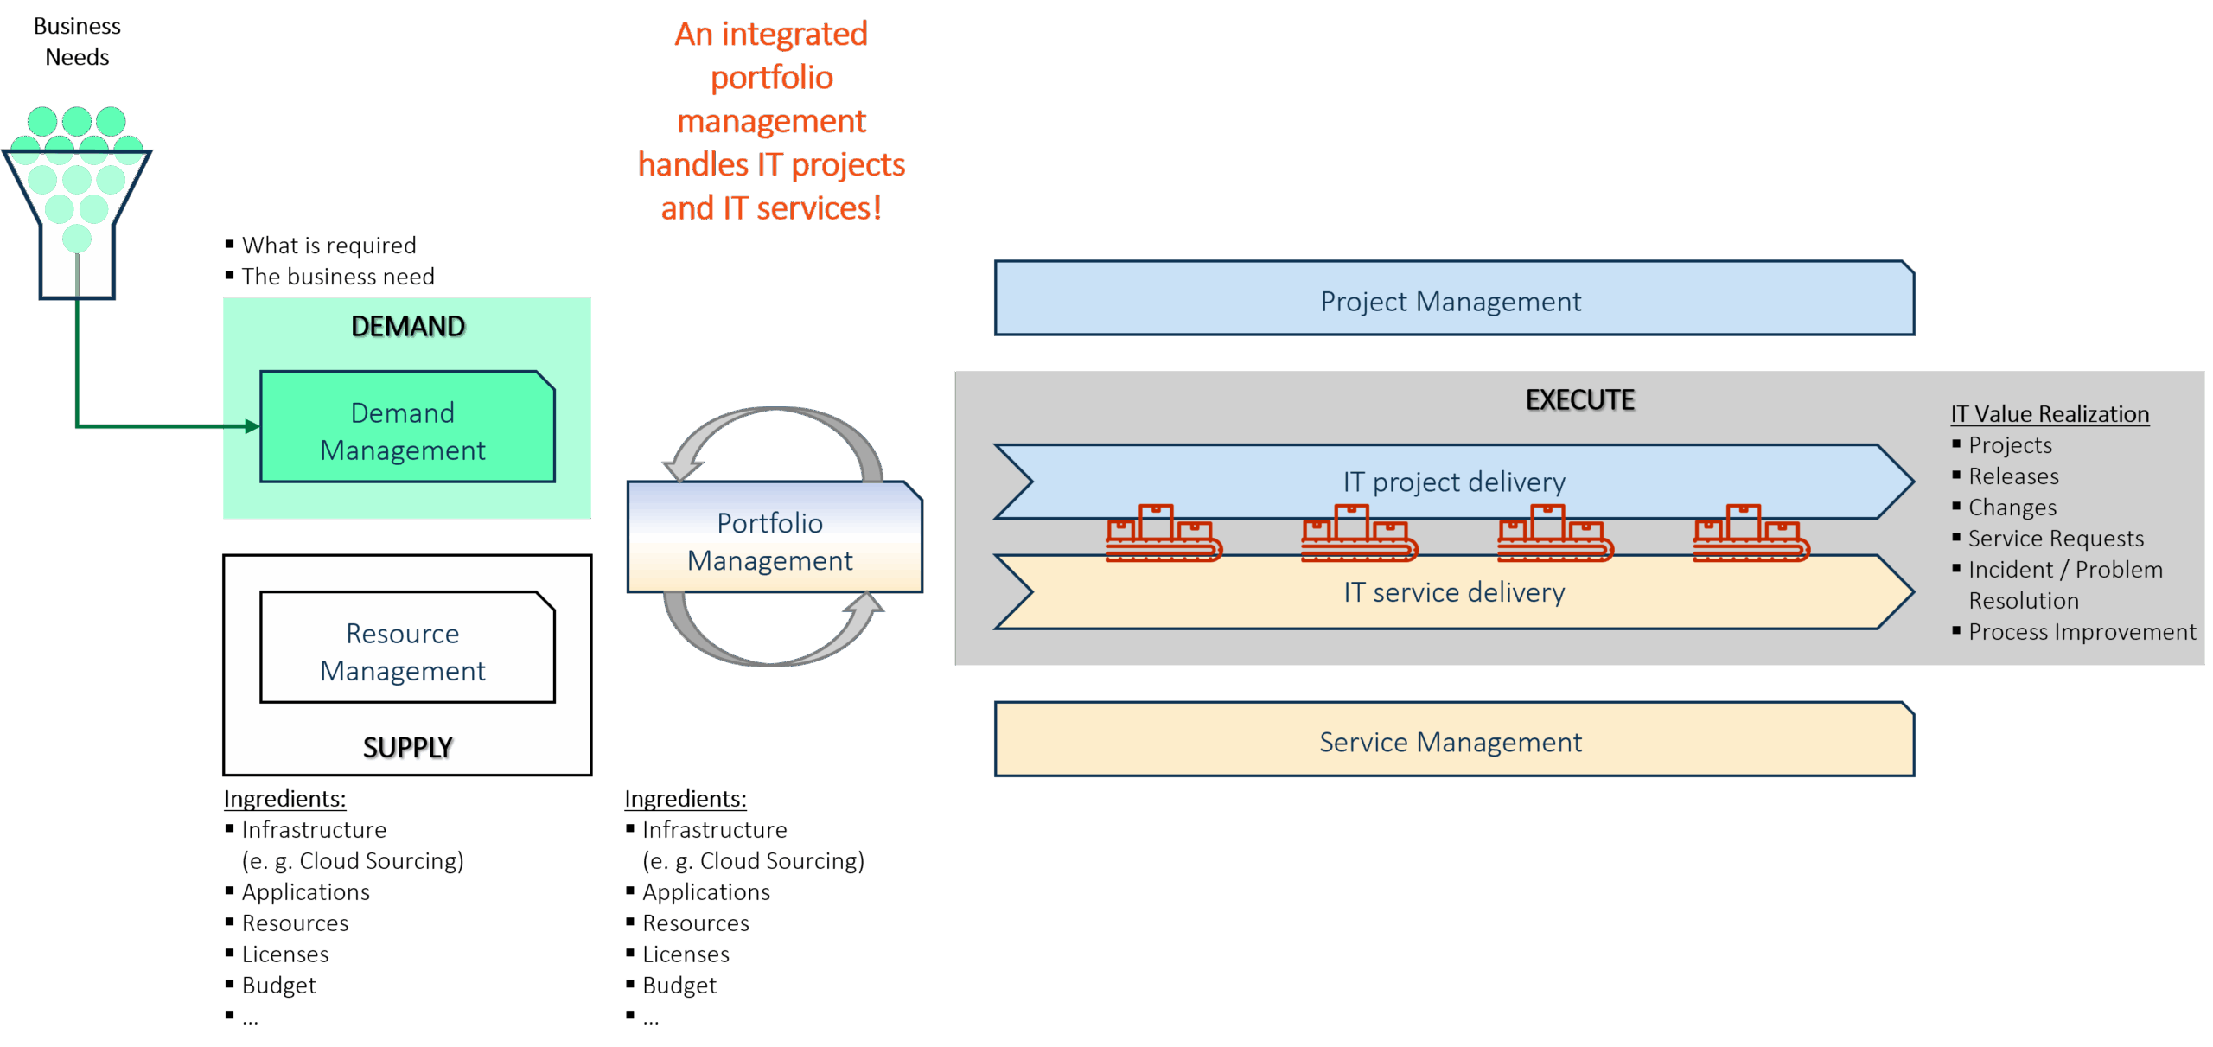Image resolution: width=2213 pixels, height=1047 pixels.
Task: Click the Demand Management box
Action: click(x=406, y=428)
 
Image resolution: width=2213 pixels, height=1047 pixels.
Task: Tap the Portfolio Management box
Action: click(x=774, y=539)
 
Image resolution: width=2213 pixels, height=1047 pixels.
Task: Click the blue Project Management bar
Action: click(x=1452, y=300)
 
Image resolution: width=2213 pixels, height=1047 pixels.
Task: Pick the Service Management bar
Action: click(x=1452, y=741)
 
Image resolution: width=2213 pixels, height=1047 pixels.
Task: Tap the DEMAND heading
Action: click(x=408, y=326)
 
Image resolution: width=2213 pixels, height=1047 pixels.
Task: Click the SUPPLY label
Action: click(x=408, y=747)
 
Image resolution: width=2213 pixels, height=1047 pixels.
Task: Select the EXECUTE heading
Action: click(x=1579, y=399)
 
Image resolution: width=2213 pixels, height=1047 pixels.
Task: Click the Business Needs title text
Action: click(x=77, y=41)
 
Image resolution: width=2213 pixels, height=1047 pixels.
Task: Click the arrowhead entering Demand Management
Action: click(x=252, y=426)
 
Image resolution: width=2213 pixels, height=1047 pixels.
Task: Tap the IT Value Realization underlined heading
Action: click(x=2049, y=414)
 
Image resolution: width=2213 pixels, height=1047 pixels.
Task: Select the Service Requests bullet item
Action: click(x=2055, y=539)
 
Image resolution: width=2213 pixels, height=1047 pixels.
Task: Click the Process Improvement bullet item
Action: click(x=2081, y=632)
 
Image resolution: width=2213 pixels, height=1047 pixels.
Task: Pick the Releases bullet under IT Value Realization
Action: click(x=2012, y=476)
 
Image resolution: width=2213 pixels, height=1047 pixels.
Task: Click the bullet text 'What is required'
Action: click(x=328, y=246)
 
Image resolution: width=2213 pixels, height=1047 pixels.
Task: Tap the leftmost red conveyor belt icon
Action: click(x=1163, y=533)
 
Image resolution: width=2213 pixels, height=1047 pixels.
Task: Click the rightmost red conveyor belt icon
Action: click(x=1751, y=533)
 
